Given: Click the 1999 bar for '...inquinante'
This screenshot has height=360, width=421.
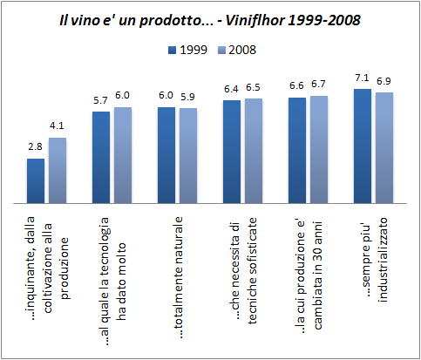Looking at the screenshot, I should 36,179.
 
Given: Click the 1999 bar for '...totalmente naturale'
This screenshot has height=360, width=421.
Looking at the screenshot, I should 166,153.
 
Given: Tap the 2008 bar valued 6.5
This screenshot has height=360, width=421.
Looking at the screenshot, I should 254,149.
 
